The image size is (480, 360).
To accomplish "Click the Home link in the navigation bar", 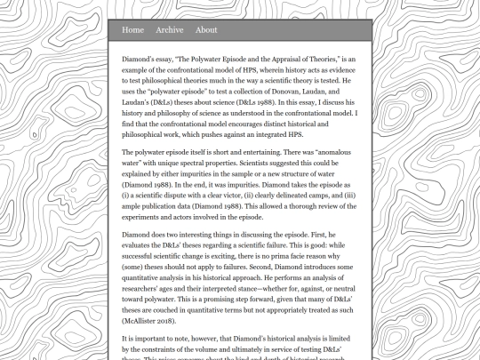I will pos(132,30).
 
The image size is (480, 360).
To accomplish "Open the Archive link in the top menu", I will pos(169,30).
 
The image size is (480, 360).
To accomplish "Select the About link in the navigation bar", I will pos(206,30).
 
